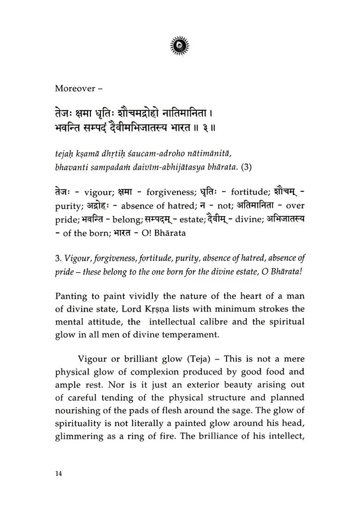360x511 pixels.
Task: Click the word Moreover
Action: coord(73,88)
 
